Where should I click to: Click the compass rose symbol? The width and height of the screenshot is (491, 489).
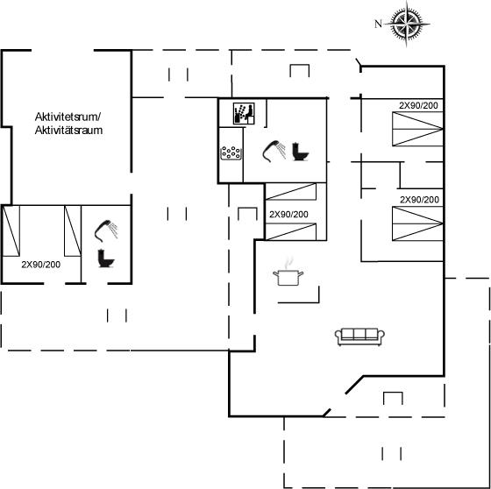[407, 24]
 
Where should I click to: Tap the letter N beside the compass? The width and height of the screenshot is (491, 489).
[378, 24]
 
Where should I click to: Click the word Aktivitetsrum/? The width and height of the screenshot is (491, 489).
[68, 117]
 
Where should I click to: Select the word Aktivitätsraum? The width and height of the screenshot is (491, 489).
[68, 131]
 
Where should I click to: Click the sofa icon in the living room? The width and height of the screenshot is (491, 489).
[359, 337]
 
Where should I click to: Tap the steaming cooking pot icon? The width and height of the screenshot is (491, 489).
[288, 273]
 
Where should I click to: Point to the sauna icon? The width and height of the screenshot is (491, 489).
[244, 113]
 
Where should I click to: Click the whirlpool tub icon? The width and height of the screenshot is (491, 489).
[231, 153]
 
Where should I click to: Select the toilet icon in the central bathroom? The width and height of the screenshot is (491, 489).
[301, 152]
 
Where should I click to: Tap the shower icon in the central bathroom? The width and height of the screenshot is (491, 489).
[274, 152]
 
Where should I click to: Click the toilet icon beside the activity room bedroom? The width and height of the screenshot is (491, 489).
[106, 259]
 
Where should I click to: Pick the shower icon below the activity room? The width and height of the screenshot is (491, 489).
[106, 230]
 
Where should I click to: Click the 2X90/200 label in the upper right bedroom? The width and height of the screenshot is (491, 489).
[418, 105]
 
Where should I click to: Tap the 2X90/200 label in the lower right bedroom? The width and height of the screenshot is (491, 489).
[419, 200]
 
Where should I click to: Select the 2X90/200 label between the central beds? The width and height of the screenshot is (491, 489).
[288, 214]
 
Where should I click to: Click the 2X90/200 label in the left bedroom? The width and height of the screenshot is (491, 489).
[41, 265]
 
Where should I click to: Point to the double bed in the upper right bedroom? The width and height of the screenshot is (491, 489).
[417, 129]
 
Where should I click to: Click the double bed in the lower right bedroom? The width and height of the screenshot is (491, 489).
[417, 223]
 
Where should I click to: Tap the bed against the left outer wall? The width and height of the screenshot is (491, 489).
[11, 230]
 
